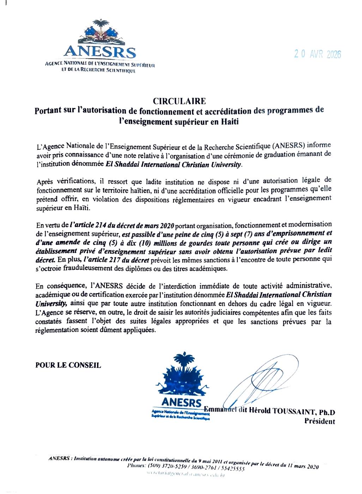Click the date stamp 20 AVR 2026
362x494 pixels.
pyautogui.click(x=318, y=54)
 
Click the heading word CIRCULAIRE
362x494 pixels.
pyautogui.click(x=179, y=101)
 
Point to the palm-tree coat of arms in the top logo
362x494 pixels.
pyautogui.click(x=100, y=32)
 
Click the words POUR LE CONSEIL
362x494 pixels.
pyautogui.click(x=68, y=365)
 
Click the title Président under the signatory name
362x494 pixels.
pyautogui.click(x=320, y=421)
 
